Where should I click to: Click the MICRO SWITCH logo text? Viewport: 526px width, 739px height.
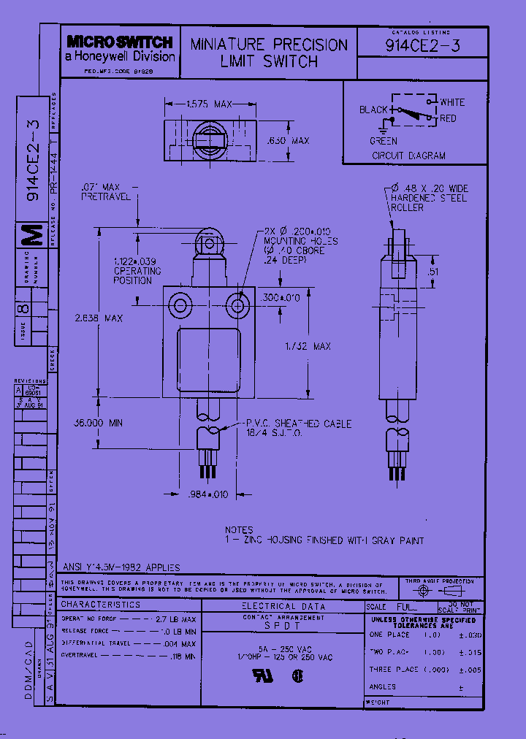[120, 42]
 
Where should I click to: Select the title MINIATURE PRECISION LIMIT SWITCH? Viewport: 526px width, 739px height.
[269, 53]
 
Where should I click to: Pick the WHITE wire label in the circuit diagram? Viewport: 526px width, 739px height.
[451, 102]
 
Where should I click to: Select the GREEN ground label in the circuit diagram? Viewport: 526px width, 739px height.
[384, 141]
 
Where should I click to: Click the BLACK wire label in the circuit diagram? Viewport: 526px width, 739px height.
[373, 110]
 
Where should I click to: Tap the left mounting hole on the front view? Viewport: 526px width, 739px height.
[179, 303]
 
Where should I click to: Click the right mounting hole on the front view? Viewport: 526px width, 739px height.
[235, 303]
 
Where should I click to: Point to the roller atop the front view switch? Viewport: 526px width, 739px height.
[207, 243]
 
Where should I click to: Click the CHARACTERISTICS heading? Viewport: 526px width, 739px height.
[101, 605]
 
